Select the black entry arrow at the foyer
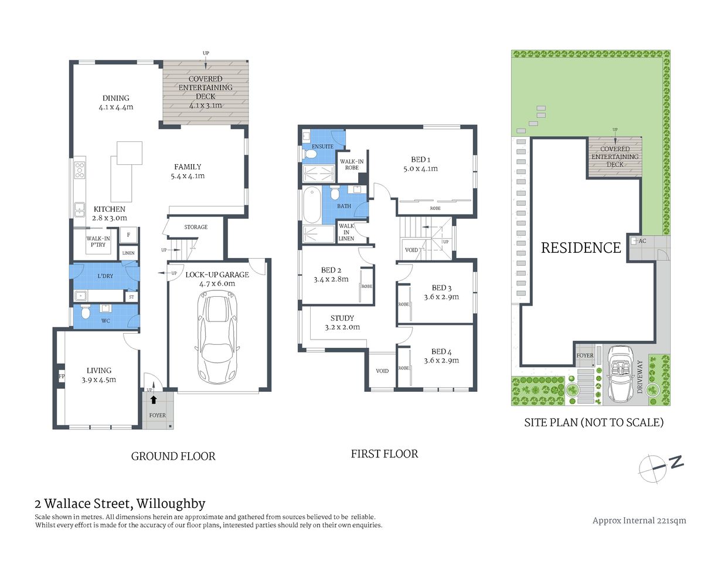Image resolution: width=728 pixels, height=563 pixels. [x=154, y=400]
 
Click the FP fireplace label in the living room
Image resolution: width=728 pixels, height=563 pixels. [x=61, y=376]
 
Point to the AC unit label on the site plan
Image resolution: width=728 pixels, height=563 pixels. [x=642, y=241]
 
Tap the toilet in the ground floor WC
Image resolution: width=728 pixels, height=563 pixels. [x=86, y=312]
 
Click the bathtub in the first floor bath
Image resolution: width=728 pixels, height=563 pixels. [x=311, y=205]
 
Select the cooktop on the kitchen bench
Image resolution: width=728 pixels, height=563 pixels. [x=79, y=170]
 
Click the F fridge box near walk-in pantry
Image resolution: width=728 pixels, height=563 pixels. [x=128, y=235]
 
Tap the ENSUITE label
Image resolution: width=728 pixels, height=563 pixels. [x=322, y=147]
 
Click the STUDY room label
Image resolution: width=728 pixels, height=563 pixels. [x=342, y=318]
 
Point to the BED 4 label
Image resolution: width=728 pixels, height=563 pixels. [x=441, y=352]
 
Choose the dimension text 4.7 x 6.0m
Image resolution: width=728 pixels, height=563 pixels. [x=217, y=284]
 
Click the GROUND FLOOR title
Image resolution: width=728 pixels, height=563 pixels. [x=173, y=456]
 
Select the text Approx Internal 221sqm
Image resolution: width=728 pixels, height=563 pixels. [x=639, y=521]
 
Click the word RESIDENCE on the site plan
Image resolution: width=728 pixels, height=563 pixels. [x=580, y=248]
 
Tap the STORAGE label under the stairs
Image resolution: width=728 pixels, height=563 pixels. [x=196, y=227]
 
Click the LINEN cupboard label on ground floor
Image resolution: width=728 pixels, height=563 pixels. [x=128, y=253]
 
